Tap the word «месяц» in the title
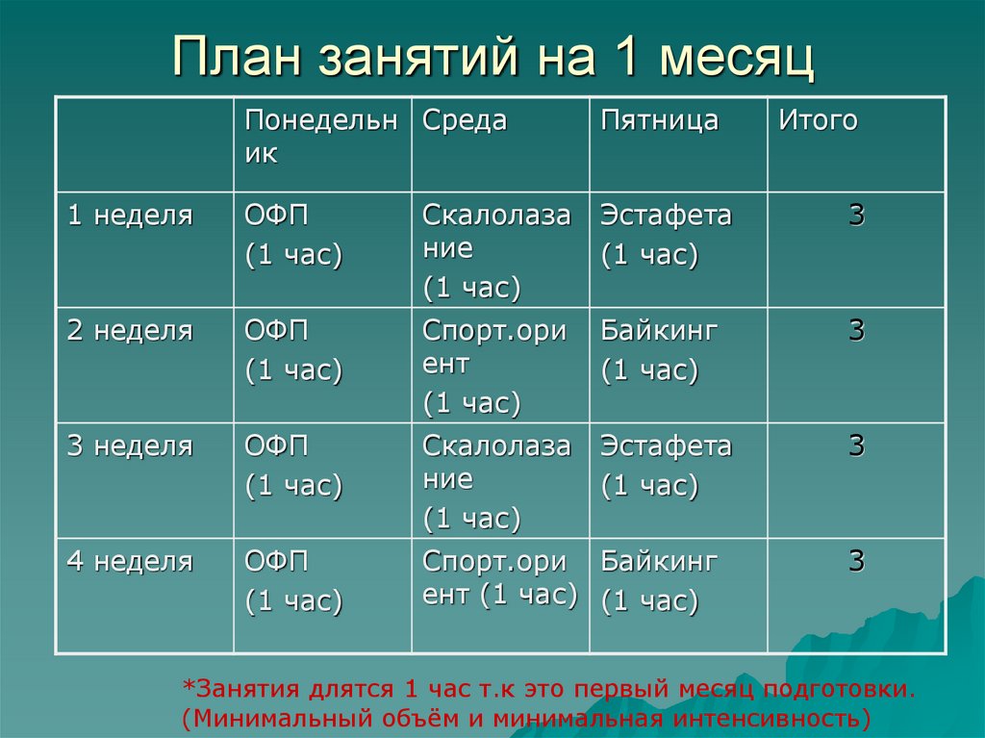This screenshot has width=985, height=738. pyautogui.click(x=737, y=57)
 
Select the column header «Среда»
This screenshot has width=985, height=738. pyautogui.click(x=465, y=121)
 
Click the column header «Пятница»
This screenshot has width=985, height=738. pyautogui.click(x=660, y=121)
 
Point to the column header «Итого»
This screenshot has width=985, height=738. pyautogui.click(x=818, y=121)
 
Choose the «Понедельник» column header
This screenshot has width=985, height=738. pyautogui.click(x=320, y=137)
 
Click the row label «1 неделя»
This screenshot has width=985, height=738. pyautogui.click(x=129, y=216)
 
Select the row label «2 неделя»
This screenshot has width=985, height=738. pyautogui.click(x=129, y=331)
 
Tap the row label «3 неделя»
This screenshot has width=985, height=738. pyautogui.click(x=129, y=446)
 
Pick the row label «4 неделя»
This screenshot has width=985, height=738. pyautogui.click(x=129, y=562)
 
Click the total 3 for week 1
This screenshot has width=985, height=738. pyautogui.click(x=856, y=216)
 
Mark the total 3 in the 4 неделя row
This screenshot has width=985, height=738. pyautogui.click(x=856, y=562)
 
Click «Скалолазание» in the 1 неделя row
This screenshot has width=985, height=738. pyautogui.click(x=496, y=232)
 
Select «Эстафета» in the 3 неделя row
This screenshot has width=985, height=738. pyautogui.click(x=667, y=446)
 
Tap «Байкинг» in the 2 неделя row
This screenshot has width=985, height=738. pyautogui.click(x=660, y=331)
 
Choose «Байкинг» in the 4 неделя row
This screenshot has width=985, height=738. pyautogui.click(x=660, y=562)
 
